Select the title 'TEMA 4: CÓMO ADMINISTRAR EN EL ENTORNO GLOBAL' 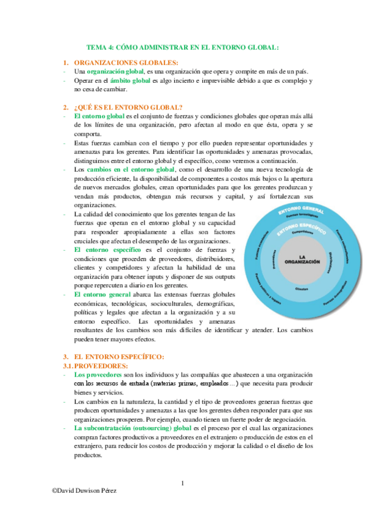pos(182,47)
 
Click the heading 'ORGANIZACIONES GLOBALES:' pos(126,63)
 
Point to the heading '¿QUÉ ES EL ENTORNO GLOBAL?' pos(128,107)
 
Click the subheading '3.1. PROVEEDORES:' pos(96,366)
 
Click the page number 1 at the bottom pos(182,484)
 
